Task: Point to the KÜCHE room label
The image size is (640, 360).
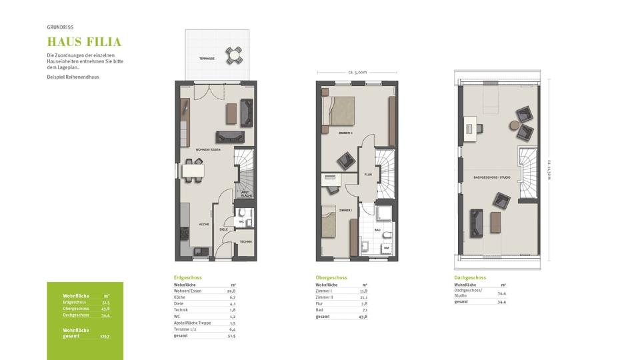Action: pyautogui.click(x=204, y=225)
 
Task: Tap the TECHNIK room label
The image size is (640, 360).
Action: pyautogui.click(x=245, y=241)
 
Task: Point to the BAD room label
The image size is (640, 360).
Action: pyautogui.click(x=377, y=229)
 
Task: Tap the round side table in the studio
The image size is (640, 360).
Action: pyautogui.click(x=513, y=124)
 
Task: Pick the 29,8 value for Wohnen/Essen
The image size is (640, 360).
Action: pyautogui.click(x=231, y=291)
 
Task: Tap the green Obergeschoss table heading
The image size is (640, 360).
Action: pyautogui.click(x=331, y=277)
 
